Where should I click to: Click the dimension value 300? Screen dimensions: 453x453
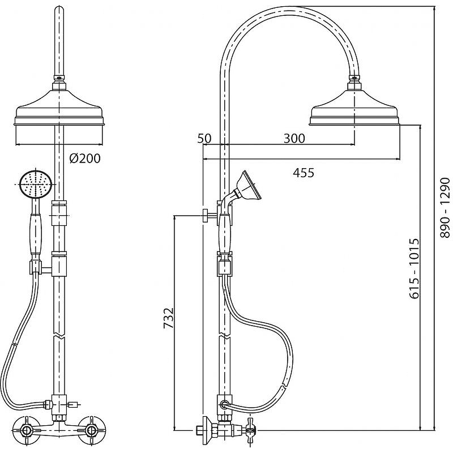(x=294, y=138)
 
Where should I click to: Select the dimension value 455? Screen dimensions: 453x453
(x=304, y=173)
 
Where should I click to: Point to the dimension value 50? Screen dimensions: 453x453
(x=204, y=138)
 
